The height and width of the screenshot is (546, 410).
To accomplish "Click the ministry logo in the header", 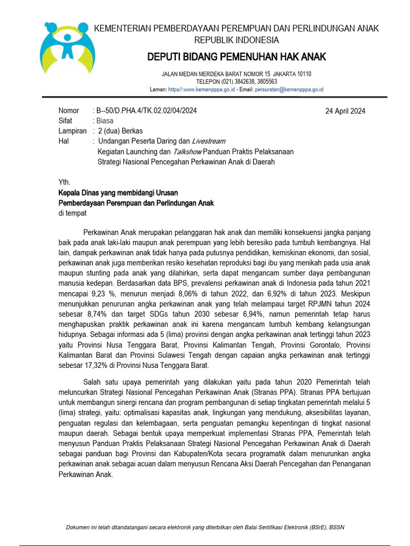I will tap(67, 48).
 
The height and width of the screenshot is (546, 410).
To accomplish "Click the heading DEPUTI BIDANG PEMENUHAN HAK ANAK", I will tap(236, 57).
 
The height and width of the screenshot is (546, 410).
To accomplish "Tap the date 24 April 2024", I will tap(345, 111).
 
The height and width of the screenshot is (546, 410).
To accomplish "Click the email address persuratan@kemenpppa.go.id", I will tap(289, 90).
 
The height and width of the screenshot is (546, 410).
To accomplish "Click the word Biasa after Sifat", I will tap(105, 121).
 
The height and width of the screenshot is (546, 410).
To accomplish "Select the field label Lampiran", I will tap(73, 131).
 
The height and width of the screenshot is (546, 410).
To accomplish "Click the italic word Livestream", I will tap(208, 141).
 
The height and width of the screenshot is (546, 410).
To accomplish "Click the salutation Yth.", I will tap(64, 182).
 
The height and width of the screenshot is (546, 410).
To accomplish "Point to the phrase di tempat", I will tap(72, 213).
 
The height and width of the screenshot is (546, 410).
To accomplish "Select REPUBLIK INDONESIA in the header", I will tap(236, 40).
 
